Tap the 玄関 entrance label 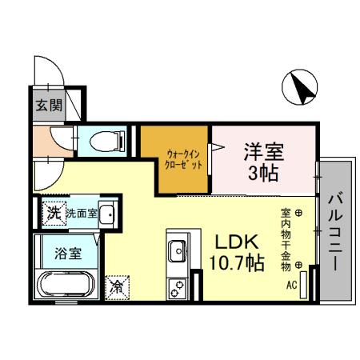pyautogui.click(x=50, y=104)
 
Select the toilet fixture pyautogui.click(x=103, y=141)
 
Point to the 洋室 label pyautogui.click(x=263, y=150)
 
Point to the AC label pyautogui.click(x=293, y=282)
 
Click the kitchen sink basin pyautogui.click(x=177, y=249)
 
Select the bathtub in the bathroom pyautogui.click(x=65, y=284)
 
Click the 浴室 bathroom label pyautogui.click(x=67, y=254)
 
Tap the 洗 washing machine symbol pyautogui.click(x=53, y=213)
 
